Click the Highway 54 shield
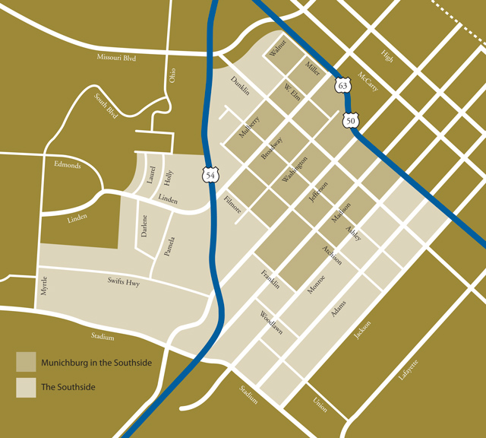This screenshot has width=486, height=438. [210, 174]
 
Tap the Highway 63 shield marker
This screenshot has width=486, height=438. [343, 85]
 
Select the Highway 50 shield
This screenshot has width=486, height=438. [350, 120]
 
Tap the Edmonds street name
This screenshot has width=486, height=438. [68, 165]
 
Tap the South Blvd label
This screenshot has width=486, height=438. [106, 106]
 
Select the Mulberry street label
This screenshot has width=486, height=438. [249, 127]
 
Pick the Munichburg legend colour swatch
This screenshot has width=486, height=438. [25, 362]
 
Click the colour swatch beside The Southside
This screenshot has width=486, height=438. [25, 386]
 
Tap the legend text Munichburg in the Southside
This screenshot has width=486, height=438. [96, 363]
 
